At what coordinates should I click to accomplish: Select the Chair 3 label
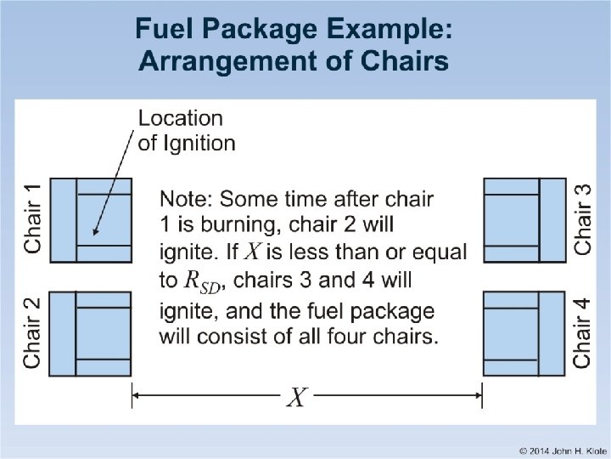pos(582,218)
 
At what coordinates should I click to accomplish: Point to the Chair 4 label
pos(582,332)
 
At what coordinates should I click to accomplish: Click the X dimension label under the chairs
pos(297,396)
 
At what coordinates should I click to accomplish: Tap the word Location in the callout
pos(180,118)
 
